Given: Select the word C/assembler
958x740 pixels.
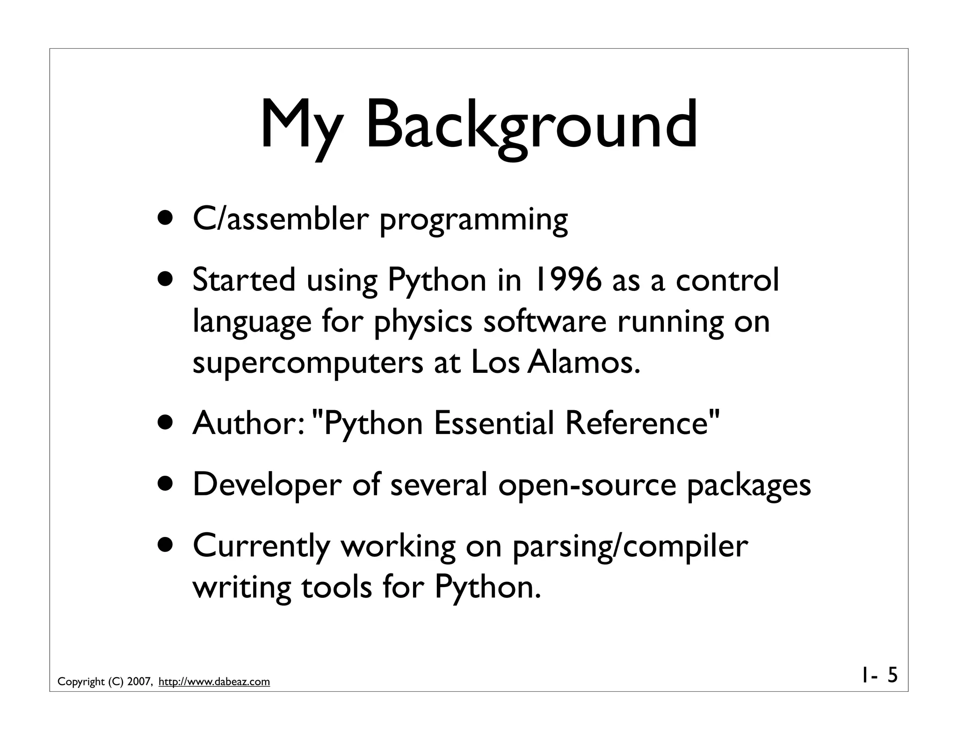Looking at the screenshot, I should (x=281, y=218).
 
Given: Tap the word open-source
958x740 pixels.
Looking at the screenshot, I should (x=587, y=485).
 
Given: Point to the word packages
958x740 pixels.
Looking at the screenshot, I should (x=748, y=485).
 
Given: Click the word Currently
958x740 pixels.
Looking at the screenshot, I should (x=261, y=546).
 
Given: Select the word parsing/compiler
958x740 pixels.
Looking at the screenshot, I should (x=630, y=546).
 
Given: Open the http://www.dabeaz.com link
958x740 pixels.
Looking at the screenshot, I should (x=214, y=682).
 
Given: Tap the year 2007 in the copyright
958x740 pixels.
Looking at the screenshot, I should (x=139, y=682).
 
